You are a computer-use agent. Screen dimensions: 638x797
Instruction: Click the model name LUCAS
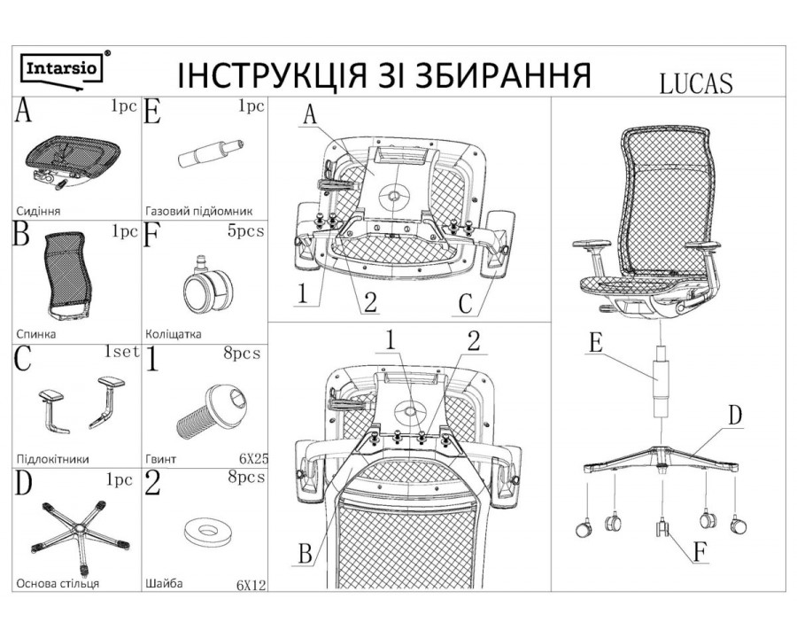tap(694, 82)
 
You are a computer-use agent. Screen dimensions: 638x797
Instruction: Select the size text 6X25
tap(252, 459)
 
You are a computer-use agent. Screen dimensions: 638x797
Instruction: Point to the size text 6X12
tap(251, 585)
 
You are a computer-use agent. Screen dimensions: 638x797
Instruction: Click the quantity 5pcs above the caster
tap(244, 230)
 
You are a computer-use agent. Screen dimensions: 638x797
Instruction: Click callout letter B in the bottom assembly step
tap(305, 555)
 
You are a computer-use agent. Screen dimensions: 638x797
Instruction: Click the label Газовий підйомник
tap(198, 212)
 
